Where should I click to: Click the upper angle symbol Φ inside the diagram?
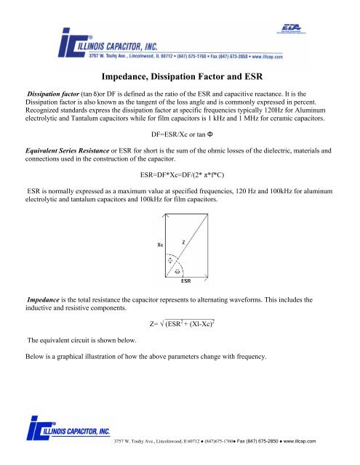point(169,259)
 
